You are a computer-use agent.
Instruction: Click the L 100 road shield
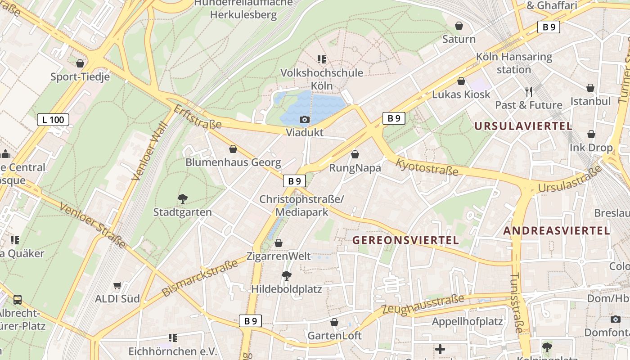point(53,120)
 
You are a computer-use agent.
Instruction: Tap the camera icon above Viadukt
point(305,119)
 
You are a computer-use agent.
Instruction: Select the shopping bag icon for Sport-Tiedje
point(80,63)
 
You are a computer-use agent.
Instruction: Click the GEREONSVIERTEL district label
point(405,240)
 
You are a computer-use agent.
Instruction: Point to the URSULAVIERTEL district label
point(523,126)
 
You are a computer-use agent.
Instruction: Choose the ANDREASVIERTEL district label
point(556,231)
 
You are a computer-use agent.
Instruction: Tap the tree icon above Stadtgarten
point(183,198)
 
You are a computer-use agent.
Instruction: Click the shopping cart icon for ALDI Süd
point(117,285)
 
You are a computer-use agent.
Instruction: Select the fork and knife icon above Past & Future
point(529,92)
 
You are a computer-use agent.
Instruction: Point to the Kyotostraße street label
point(427,167)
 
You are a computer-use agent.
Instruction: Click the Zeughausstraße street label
point(423,305)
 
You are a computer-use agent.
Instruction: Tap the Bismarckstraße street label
point(200,278)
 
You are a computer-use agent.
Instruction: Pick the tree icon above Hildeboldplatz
point(286,275)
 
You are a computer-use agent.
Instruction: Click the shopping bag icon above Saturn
point(459,26)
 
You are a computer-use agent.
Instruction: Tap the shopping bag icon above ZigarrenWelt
point(279,243)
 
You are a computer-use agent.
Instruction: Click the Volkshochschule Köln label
point(322,79)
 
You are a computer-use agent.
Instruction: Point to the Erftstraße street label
point(198,117)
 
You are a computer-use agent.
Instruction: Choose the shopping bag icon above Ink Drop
point(591,134)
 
